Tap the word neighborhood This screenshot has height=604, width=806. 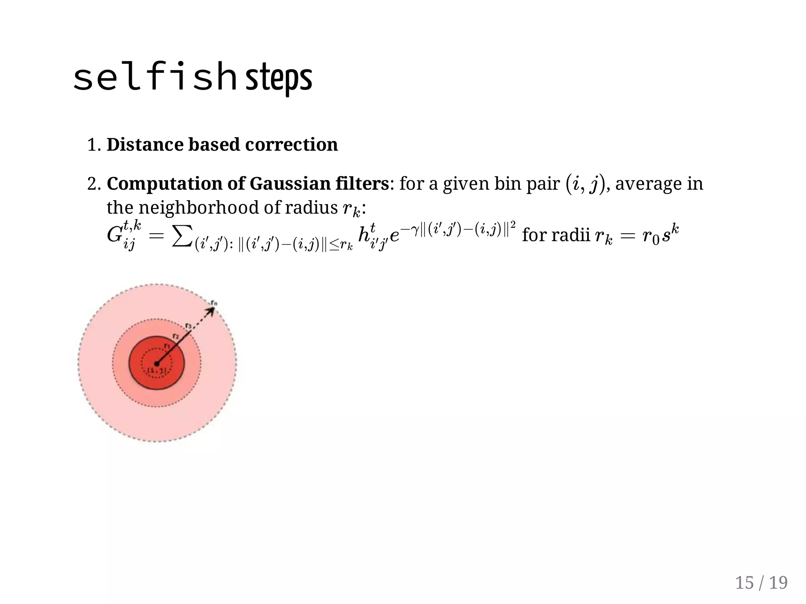click(199, 207)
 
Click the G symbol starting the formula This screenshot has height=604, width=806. click(115, 235)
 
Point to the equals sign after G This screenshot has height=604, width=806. click(156, 236)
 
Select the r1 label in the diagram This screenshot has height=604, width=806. click(167, 346)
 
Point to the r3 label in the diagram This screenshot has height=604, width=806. click(188, 326)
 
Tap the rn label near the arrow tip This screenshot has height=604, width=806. click(214, 303)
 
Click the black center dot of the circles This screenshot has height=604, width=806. click(157, 364)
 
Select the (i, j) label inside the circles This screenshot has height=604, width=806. click(157, 370)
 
